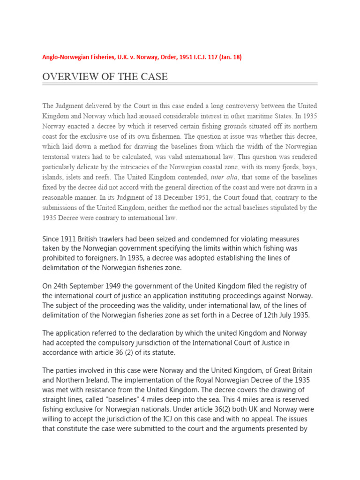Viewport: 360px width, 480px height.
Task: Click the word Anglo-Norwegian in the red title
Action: [x=64, y=57]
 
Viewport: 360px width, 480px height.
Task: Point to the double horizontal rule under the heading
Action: [x=180, y=84]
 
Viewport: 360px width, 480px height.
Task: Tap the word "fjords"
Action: [x=287, y=167]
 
